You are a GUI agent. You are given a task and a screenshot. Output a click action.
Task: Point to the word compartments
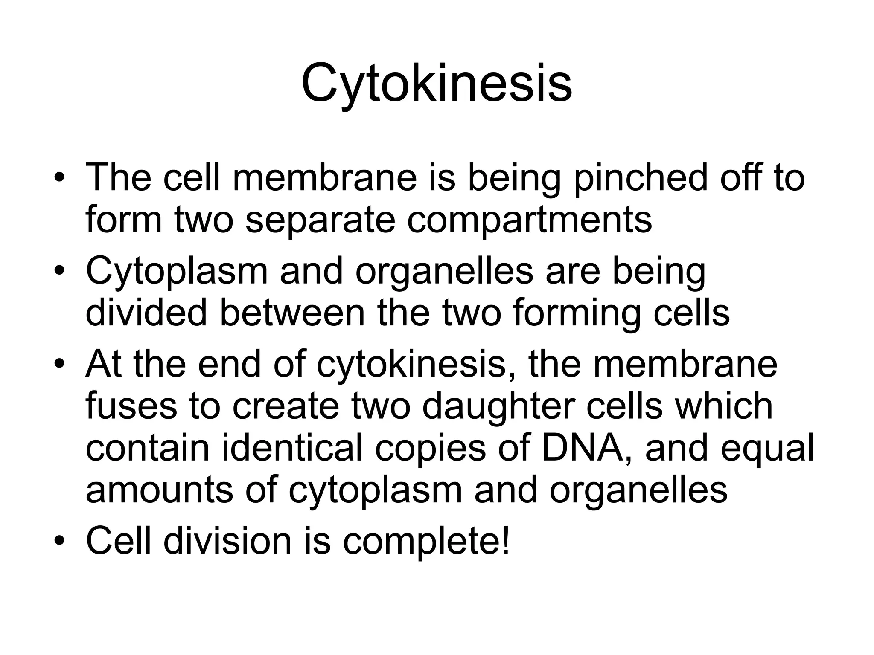pos(529,221)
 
